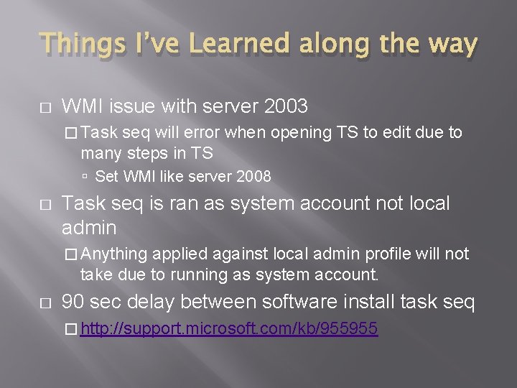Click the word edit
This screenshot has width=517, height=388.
tap(388, 133)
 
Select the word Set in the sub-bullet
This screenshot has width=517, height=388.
tap(106, 176)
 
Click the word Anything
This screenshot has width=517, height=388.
tap(114, 254)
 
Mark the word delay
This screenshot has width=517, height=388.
tap(154, 302)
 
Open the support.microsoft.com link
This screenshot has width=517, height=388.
tap(229, 329)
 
